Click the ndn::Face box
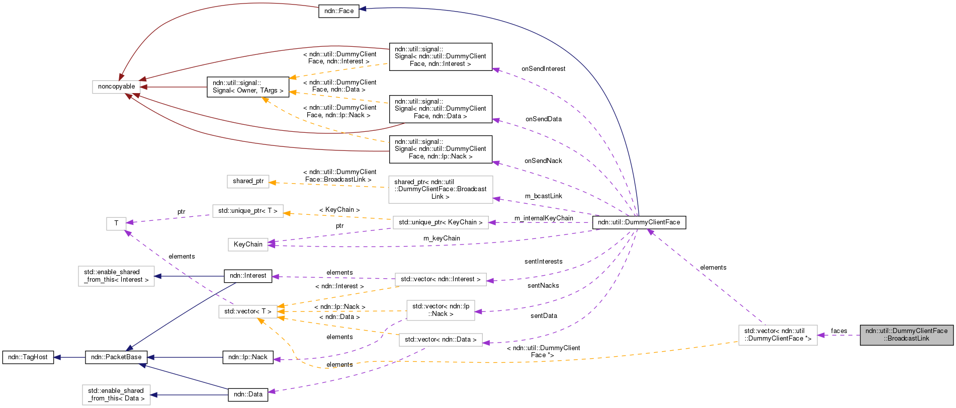tap(338, 11)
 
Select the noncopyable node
tap(116, 87)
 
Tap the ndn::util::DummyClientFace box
tap(639, 222)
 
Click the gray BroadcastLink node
tap(906, 335)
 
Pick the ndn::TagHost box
tap(28, 357)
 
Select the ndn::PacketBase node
tap(116, 357)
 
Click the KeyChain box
tap(248, 244)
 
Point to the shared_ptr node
tap(248, 181)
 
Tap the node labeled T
tap(116, 223)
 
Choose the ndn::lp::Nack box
tap(248, 357)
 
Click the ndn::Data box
tap(248, 394)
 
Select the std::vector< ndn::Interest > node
tap(441, 279)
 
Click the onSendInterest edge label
tap(543, 69)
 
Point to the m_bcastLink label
tap(543, 196)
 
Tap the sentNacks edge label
tap(543, 286)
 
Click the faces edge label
tap(839, 331)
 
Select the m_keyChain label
tap(442, 238)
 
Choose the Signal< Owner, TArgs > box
tap(248, 87)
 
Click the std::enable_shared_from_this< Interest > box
tap(116, 276)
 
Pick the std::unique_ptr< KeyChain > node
tap(441, 222)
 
